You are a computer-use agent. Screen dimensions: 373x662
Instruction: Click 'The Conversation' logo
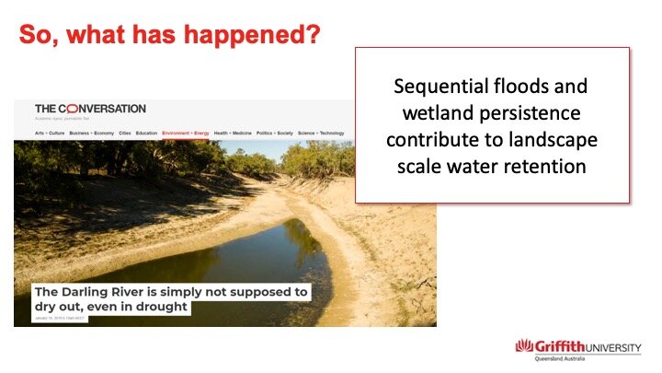(x=90, y=109)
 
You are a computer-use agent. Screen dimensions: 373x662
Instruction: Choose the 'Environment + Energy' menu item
(x=185, y=134)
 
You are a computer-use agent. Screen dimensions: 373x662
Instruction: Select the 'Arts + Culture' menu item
(x=50, y=134)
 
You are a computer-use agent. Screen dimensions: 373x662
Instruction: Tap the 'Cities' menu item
(x=124, y=134)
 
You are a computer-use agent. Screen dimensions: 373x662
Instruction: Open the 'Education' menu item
(x=146, y=134)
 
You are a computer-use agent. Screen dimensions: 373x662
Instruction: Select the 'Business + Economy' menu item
(x=91, y=134)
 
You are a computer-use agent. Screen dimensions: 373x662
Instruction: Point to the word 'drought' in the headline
(x=159, y=307)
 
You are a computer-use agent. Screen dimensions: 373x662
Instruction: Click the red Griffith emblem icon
(x=525, y=347)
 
